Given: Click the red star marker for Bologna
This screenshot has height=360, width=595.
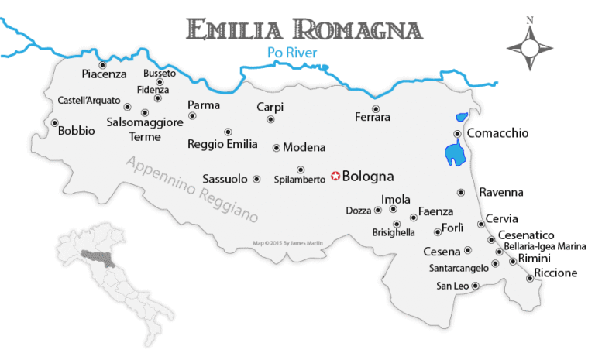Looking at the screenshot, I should tap(335, 176).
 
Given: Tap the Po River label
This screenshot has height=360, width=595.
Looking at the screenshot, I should tap(287, 53).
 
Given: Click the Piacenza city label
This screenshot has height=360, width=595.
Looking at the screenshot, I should tap(104, 74).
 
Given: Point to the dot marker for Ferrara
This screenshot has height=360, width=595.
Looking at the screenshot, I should tap(376, 109).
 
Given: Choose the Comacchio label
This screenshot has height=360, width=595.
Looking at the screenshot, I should tap(497, 133).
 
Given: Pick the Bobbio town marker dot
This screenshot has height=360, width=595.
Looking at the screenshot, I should tap(55, 122).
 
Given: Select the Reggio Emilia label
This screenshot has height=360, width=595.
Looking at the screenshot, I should tap(224, 144).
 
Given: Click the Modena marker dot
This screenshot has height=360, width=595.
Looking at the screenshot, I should tap(277, 147).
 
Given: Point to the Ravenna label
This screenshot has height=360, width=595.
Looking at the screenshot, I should tap(501, 192).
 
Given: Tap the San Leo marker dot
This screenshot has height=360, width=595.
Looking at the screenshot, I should tap(475, 286).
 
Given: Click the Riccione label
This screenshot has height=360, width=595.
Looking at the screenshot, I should tap(555, 273).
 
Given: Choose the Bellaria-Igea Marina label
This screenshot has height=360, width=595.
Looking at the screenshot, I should tap(545, 246).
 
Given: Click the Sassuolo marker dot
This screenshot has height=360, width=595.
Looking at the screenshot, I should tap(256, 179).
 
